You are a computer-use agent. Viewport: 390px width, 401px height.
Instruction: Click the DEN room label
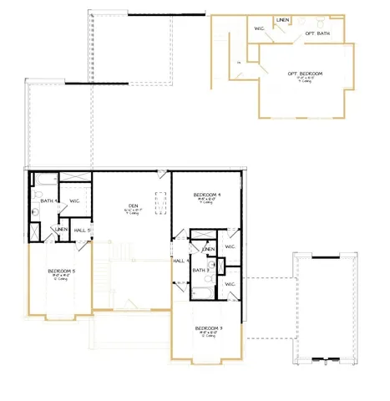point(133,206)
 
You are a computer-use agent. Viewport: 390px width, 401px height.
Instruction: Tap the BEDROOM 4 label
point(205,195)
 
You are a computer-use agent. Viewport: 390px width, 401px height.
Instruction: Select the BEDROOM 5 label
point(61,271)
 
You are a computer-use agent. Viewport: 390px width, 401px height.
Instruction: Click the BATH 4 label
point(47,200)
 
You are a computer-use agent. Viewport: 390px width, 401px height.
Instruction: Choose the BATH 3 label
point(200,270)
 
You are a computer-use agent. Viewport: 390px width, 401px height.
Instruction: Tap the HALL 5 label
point(82,230)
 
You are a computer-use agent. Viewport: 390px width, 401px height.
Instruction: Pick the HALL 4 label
point(180,261)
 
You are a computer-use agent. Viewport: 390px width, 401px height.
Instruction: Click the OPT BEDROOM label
point(305,74)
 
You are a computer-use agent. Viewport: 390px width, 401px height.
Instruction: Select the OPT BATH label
point(317,33)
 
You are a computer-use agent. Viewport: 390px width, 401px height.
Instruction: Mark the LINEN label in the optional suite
point(284,19)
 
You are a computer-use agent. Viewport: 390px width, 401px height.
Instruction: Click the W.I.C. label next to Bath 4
point(73,200)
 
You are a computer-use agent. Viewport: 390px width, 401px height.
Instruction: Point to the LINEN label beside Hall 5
point(61,230)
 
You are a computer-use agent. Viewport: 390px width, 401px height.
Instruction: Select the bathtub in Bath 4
point(43,178)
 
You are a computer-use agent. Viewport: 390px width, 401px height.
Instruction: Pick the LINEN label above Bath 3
point(209,249)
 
